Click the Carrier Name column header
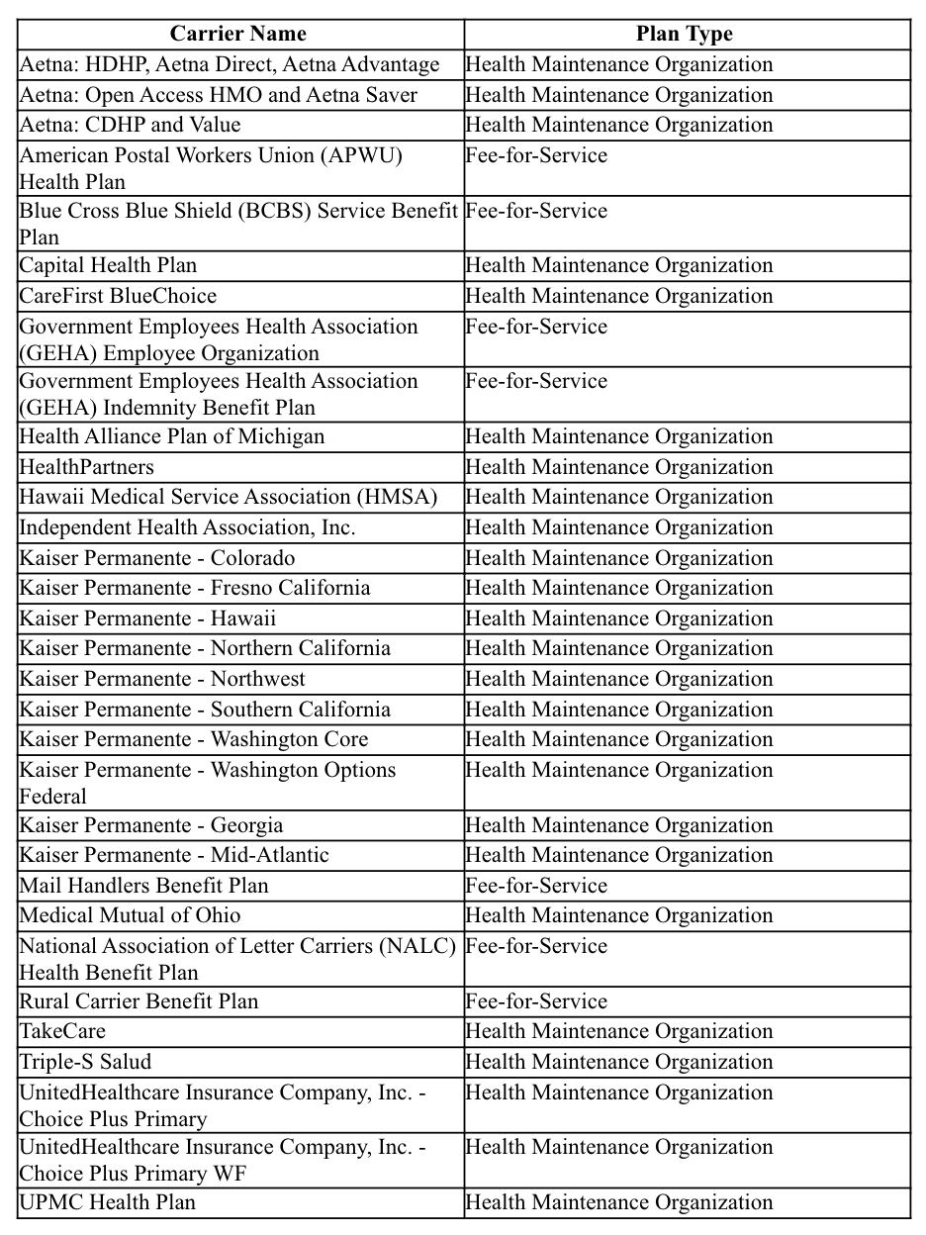(x=238, y=35)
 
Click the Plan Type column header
(x=685, y=35)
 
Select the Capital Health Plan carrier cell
(x=108, y=265)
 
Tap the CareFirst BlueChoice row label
(x=118, y=296)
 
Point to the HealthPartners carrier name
(x=87, y=467)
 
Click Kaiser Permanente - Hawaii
(x=147, y=618)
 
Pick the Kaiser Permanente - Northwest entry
(x=162, y=679)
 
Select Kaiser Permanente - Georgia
(x=151, y=825)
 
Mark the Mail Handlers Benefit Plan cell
(x=144, y=886)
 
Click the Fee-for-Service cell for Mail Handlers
(x=536, y=886)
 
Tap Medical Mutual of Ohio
(x=130, y=915)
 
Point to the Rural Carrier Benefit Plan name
(x=139, y=1001)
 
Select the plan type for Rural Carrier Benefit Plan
(x=536, y=1001)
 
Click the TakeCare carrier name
(x=62, y=1031)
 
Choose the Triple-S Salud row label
(x=86, y=1062)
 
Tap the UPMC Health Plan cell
(x=108, y=1202)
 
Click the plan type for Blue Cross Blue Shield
(x=536, y=211)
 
